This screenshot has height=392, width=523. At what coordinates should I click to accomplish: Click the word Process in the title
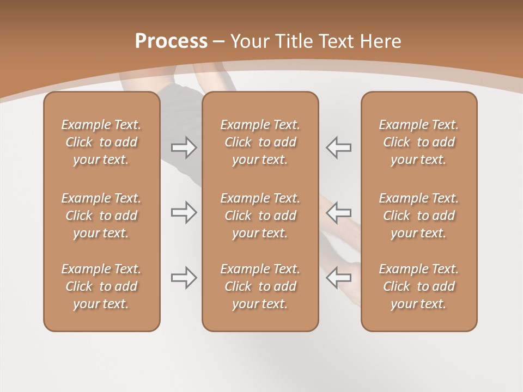point(171,41)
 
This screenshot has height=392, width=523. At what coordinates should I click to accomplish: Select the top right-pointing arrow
point(184,148)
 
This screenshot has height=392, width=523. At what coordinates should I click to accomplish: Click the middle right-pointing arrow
point(184,212)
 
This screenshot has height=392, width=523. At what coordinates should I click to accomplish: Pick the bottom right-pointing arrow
point(184,278)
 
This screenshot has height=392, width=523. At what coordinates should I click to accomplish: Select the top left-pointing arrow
point(338,148)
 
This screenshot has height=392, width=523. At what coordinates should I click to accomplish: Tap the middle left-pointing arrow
point(338,212)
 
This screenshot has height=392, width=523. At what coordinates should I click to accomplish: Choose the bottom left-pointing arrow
point(338,278)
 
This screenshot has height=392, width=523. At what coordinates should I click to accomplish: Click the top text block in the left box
point(101,142)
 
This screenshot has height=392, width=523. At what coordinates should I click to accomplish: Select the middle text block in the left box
point(101,216)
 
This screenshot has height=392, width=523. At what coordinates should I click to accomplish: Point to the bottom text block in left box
point(101,286)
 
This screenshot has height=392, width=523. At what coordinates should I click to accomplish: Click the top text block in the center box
point(260,142)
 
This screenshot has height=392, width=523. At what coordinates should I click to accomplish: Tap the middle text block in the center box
point(260,216)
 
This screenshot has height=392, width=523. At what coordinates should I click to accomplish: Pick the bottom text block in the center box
point(260,286)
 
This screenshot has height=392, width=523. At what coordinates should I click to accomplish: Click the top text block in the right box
point(418,142)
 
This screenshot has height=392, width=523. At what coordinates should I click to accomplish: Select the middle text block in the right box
point(418,216)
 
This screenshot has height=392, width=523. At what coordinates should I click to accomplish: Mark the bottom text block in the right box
point(418,286)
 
